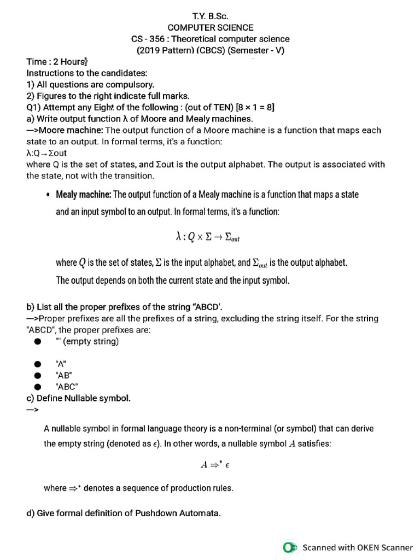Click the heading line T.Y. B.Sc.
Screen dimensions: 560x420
point(210,16)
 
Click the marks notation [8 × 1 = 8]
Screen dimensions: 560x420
point(255,107)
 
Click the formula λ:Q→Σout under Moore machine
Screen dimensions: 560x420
point(46,153)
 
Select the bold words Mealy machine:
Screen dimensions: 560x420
point(84,195)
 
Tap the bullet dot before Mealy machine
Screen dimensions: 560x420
point(48,195)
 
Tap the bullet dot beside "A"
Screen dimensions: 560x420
point(37,364)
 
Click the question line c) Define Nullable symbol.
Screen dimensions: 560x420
point(78,398)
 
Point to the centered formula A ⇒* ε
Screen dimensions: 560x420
point(214,465)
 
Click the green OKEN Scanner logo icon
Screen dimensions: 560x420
point(289,547)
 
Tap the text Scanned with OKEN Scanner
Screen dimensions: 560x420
point(358,547)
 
